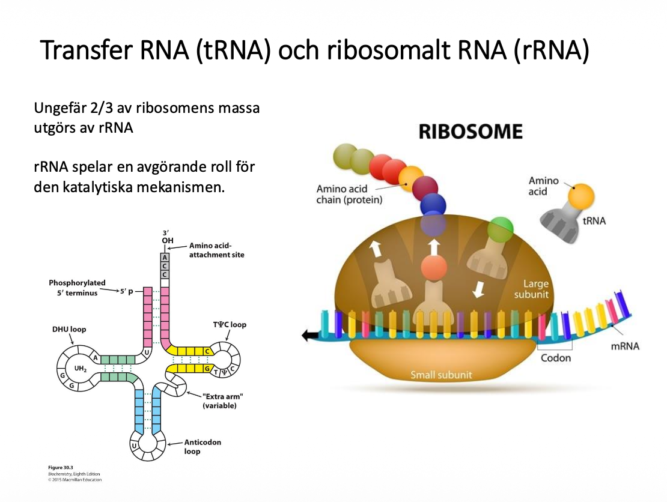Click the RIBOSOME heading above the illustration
point(471,132)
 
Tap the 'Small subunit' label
point(441,375)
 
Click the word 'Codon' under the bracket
point(555,358)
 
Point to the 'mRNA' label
point(625,346)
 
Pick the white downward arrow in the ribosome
point(479,290)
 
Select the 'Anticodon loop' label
point(203,447)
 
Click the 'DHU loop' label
point(69,329)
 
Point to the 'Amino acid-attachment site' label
point(216,250)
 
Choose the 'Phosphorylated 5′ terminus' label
point(77,288)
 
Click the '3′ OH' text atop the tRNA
point(168,237)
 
